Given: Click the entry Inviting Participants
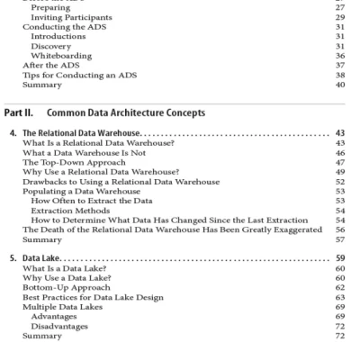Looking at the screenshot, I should click(x=71, y=17).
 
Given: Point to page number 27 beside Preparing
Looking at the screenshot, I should click(x=339, y=8).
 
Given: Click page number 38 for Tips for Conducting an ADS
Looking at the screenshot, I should click(x=339, y=76).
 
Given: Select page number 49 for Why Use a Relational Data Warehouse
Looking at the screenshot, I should click(x=339, y=172).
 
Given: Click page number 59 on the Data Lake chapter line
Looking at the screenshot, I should click(x=339, y=258).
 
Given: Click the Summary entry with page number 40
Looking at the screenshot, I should click(x=41, y=85).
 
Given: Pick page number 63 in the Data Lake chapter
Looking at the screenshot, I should click(x=339, y=297).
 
